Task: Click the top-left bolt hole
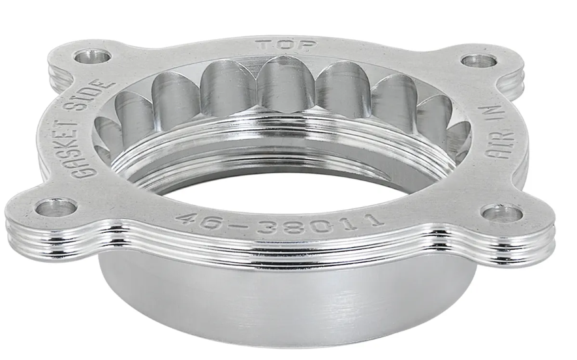(92, 57)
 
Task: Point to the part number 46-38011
(280, 222)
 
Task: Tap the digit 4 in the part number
(187, 219)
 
